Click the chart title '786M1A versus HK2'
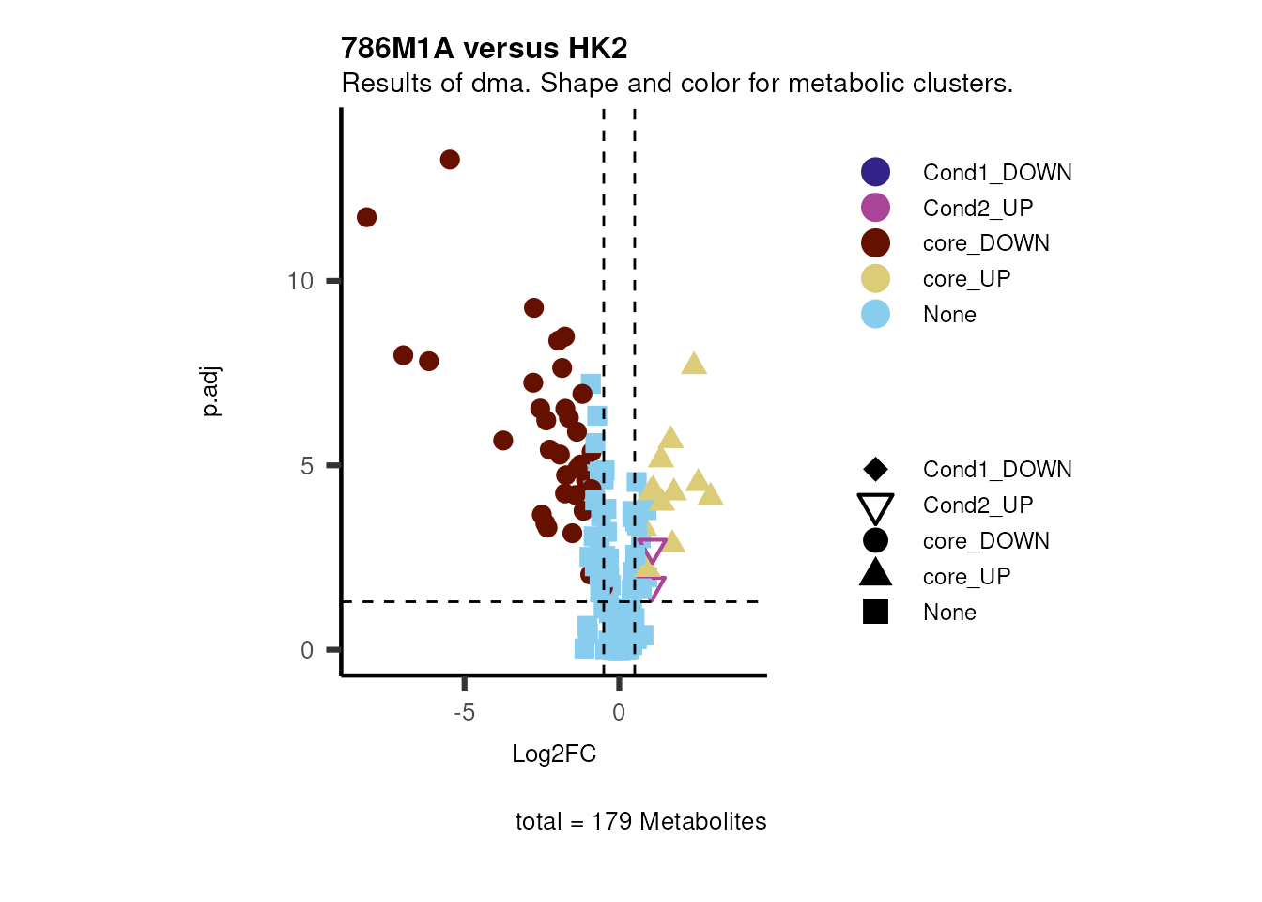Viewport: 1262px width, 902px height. click(x=484, y=48)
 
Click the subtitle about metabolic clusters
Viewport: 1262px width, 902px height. click(x=676, y=84)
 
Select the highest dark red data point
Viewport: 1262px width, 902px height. click(x=450, y=160)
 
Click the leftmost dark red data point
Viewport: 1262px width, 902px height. click(x=366, y=217)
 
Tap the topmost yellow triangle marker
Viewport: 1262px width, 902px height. click(x=694, y=365)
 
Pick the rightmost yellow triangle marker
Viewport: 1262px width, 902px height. click(x=711, y=494)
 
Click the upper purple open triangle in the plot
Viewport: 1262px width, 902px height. click(x=652, y=549)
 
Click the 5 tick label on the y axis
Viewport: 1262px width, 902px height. click(x=307, y=466)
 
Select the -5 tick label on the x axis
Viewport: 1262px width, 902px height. click(x=464, y=712)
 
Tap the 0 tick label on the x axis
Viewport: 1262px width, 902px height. click(x=619, y=712)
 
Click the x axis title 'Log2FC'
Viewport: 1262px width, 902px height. click(x=553, y=754)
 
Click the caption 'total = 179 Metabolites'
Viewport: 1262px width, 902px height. click(x=640, y=822)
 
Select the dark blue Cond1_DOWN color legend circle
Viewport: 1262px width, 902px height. click(x=875, y=172)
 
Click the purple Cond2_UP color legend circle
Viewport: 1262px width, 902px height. click(x=875, y=208)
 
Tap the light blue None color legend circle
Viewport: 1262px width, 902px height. click(x=875, y=314)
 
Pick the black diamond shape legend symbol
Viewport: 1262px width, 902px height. click(x=875, y=469)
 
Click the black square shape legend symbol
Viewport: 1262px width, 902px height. click(x=875, y=612)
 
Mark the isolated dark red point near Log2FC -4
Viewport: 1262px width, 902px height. click(x=503, y=441)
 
